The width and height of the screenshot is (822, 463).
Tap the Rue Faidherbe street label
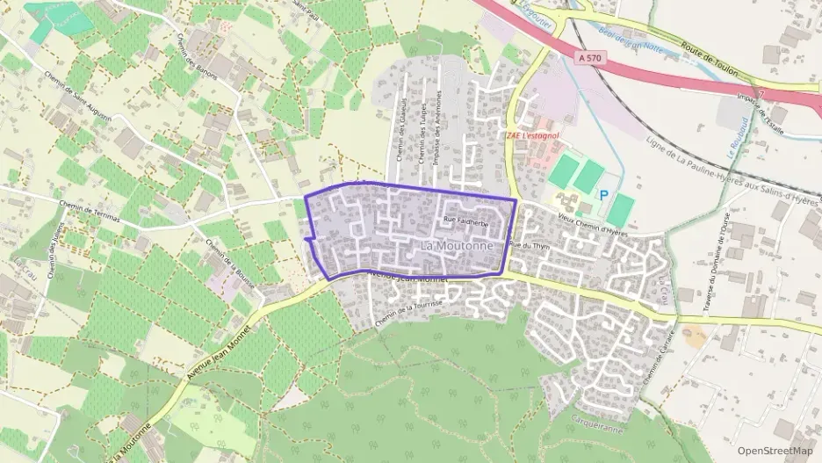pyautogui.click(x=465, y=223)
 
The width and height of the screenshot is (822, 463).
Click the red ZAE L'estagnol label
pyautogui.click(x=532, y=136)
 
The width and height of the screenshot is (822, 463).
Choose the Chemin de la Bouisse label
pyautogui.click(x=229, y=257)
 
